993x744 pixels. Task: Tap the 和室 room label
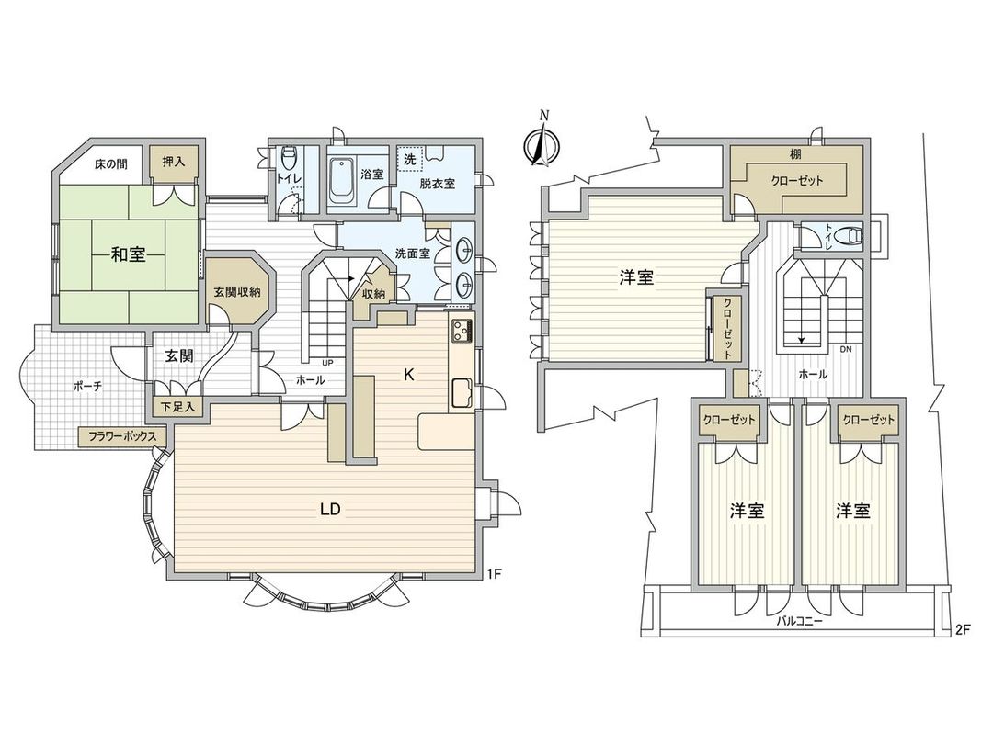[x=128, y=255]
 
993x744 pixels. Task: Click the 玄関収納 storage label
[x=236, y=291]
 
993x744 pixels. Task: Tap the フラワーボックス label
[x=120, y=436]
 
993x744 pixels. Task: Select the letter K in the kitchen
[x=409, y=375]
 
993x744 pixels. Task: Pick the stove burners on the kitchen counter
[x=461, y=328]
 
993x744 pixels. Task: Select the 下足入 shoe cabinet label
[x=177, y=408]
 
